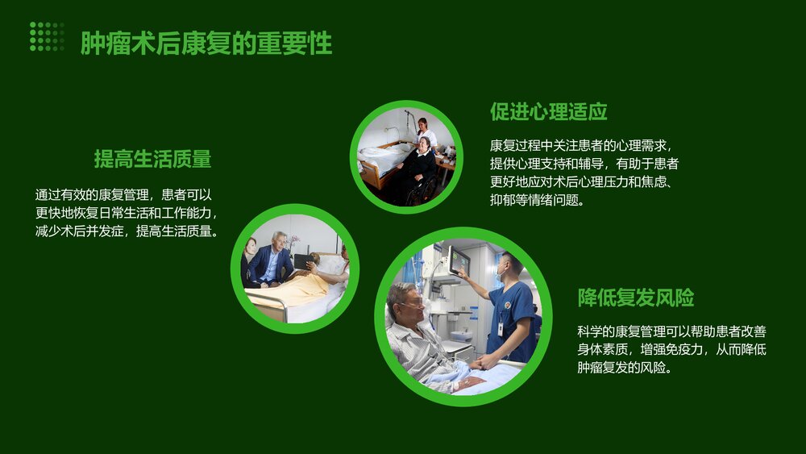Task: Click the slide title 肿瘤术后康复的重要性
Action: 206,44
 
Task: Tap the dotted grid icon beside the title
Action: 47,37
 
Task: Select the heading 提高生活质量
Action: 152,159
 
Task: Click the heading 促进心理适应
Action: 548,111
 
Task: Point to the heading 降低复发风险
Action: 636,298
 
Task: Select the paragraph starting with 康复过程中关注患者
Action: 584,173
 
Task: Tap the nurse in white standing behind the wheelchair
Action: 425,131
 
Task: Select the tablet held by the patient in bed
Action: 303,261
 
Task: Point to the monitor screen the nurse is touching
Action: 460,260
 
